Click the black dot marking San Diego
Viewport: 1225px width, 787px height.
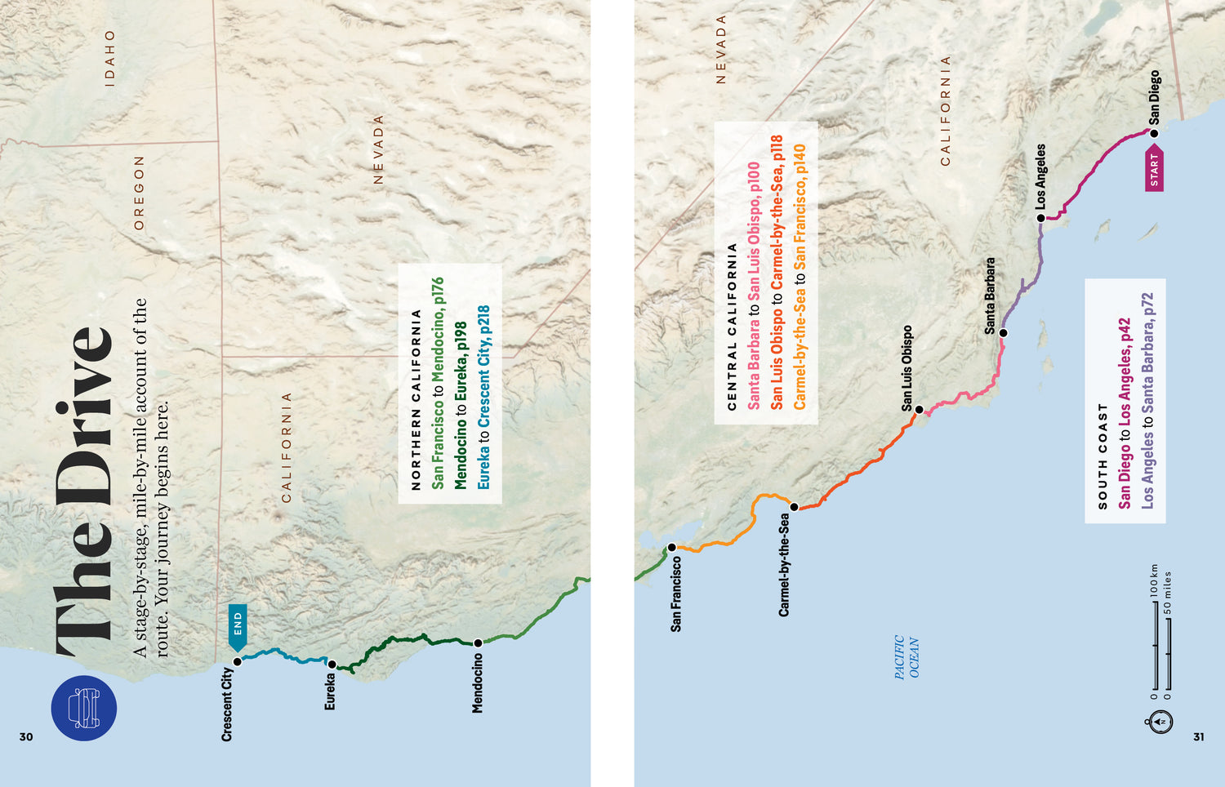(1154, 133)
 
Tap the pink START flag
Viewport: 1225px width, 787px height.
(1154, 169)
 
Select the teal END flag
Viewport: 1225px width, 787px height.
(238, 627)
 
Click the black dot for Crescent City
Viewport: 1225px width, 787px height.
(238, 661)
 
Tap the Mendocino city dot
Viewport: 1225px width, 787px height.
(478, 643)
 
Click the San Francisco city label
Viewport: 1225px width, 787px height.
(675, 594)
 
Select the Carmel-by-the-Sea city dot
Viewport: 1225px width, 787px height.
(794, 507)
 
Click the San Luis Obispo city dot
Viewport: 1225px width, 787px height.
(919, 410)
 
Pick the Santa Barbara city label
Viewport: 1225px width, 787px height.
(990, 296)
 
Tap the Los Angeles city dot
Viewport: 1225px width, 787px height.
(1040, 218)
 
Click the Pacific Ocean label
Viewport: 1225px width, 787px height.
(906, 657)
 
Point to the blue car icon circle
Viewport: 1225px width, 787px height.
(84, 708)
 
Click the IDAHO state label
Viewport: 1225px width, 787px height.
(110, 59)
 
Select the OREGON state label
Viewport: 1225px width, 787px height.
(139, 193)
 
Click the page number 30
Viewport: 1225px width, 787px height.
(26, 736)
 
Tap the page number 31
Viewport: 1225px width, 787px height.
(1198, 736)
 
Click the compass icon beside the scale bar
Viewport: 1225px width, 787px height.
(1160, 721)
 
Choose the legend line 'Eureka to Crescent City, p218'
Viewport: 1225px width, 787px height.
(483, 398)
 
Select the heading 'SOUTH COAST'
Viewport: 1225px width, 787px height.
(1102, 456)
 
